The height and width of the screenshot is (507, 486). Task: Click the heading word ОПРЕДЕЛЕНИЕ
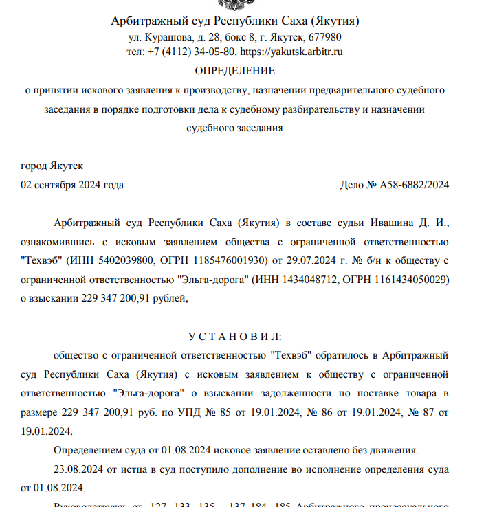click(x=234, y=71)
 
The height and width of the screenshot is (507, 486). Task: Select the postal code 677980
click(x=327, y=37)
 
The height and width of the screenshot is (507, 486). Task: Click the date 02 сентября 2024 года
click(x=73, y=185)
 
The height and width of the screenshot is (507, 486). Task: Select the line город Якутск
click(x=52, y=166)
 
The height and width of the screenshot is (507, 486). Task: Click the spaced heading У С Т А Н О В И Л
click(x=234, y=336)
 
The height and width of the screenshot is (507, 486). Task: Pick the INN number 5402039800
click(x=131, y=261)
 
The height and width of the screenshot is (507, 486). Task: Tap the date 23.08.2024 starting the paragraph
click(x=77, y=469)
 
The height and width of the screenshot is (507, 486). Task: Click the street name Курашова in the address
click(x=169, y=37)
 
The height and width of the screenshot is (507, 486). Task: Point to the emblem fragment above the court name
click(x=234, y=4)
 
